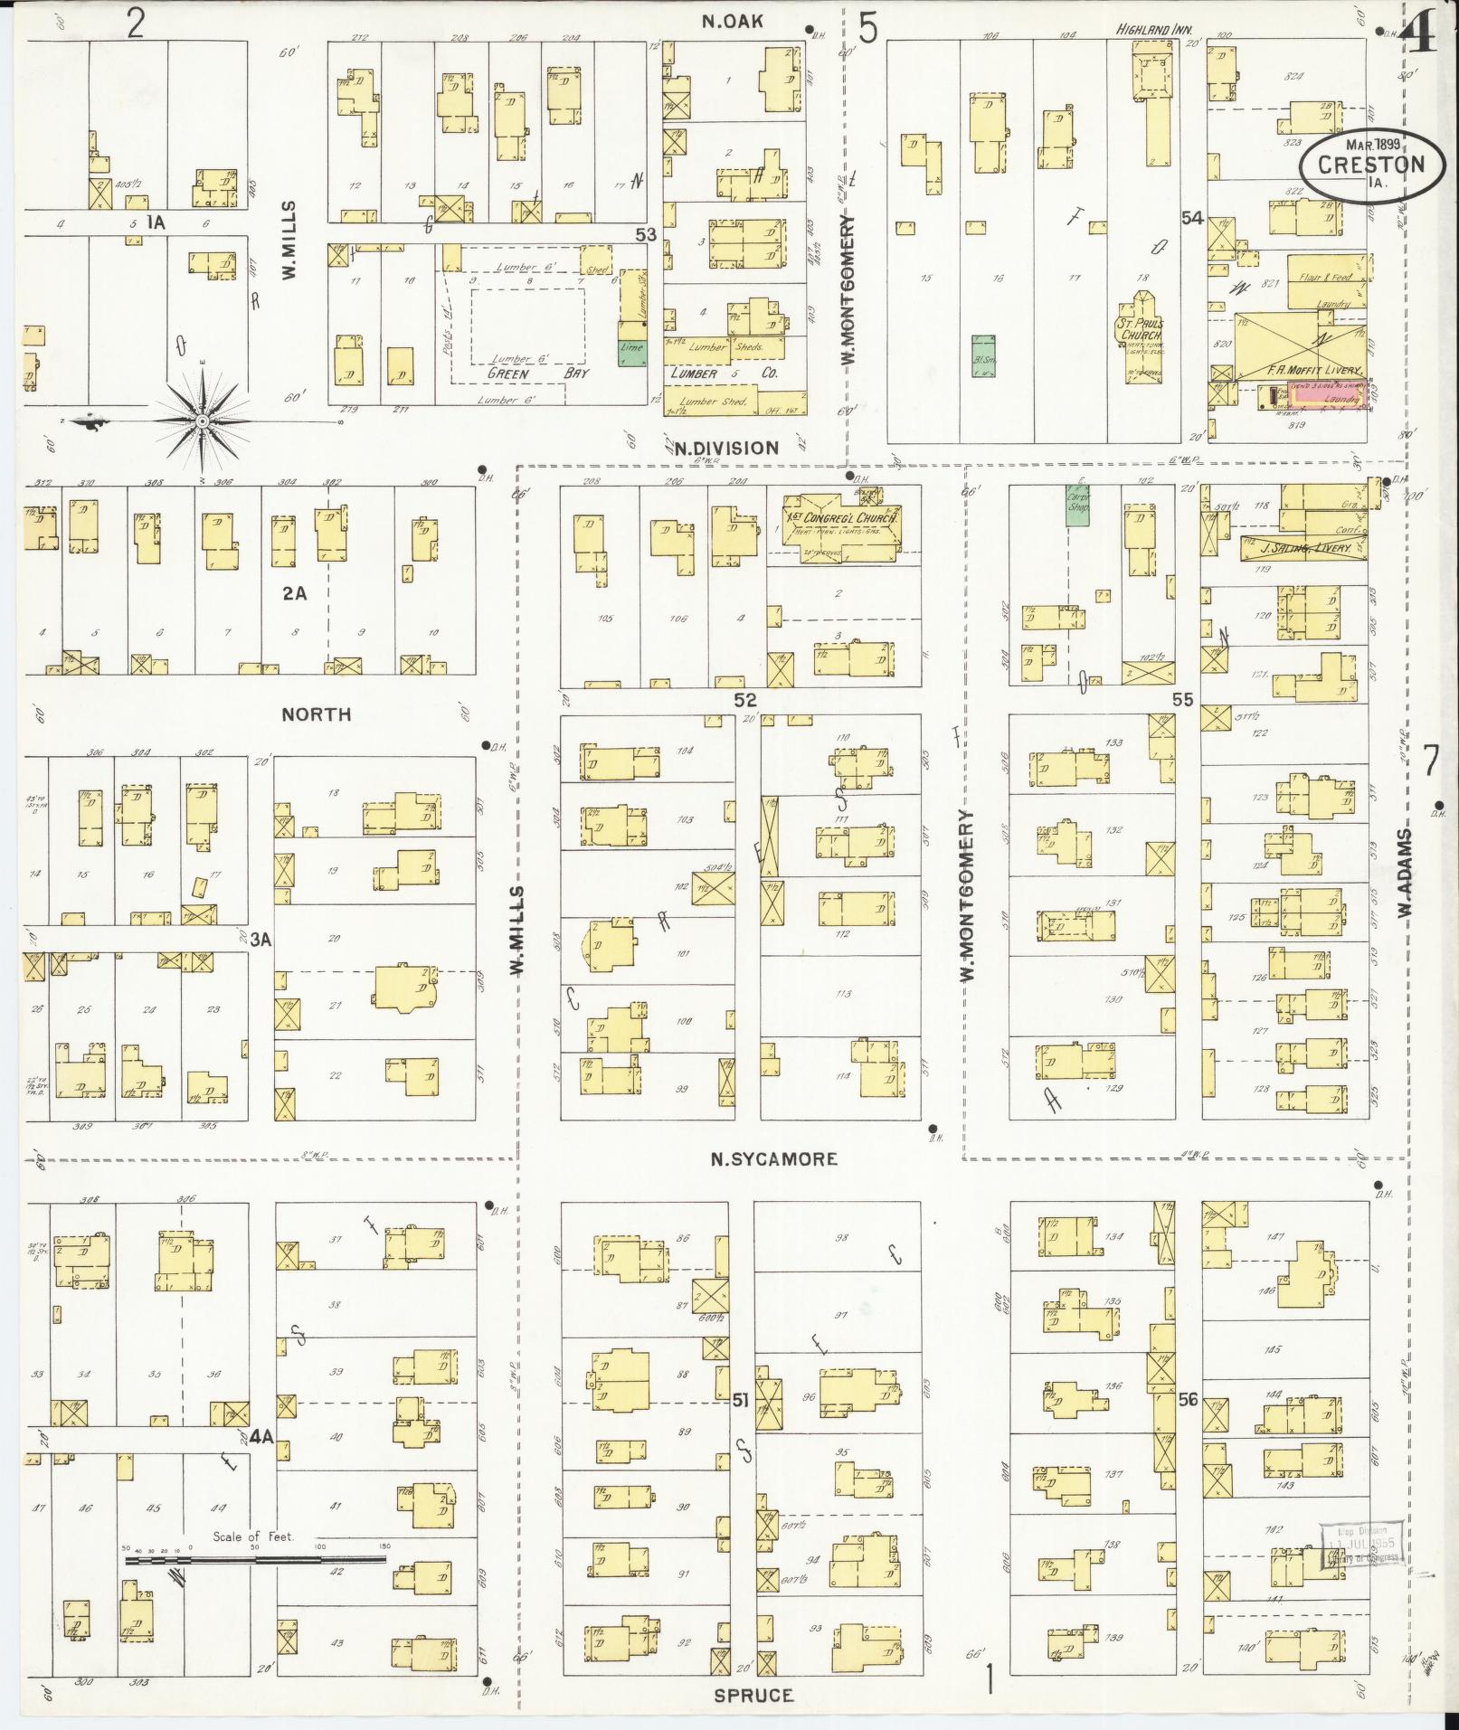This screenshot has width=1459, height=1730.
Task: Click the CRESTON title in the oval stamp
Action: [x=1370, y=165]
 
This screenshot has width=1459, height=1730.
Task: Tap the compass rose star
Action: [x=203, y=421]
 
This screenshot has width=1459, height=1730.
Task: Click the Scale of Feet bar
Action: [x=256, y=1559]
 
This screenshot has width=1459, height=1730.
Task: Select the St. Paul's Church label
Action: [x=1142, y=329]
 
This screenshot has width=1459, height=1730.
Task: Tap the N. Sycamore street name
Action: [x=773, y=1159]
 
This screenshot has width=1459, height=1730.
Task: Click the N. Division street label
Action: [x=738, y=448]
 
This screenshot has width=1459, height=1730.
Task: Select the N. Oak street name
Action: [x=733, y=22]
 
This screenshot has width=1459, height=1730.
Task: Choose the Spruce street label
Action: [x=753, y=1696]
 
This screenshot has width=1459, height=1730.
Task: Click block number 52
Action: [x=744, y=700]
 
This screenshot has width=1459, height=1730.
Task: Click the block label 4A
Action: [x=261, y=1459]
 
